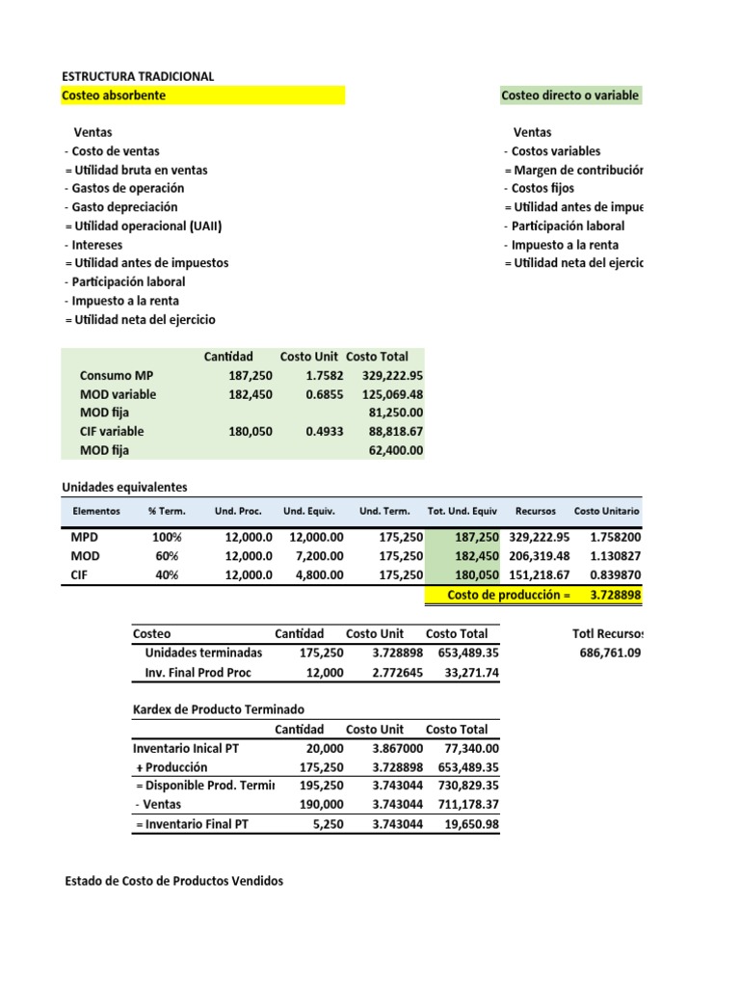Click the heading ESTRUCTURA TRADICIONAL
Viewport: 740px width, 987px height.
pos(138,76)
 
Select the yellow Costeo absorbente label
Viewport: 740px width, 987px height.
pos(114,95)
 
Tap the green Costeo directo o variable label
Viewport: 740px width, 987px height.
pos(568,95)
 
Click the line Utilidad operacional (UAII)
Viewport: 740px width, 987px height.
pos(149,226)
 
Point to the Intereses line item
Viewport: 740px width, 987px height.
pos(93,245)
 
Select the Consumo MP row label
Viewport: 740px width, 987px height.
pos(116,375)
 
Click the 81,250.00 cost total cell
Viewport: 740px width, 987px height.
pos(396,413)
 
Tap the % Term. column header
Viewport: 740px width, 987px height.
pos(166,511)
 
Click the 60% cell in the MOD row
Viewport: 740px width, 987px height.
pos(168,556)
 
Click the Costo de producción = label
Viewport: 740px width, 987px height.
pos(509,595)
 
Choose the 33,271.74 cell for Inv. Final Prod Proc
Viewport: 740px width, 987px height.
pos(465,672)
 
